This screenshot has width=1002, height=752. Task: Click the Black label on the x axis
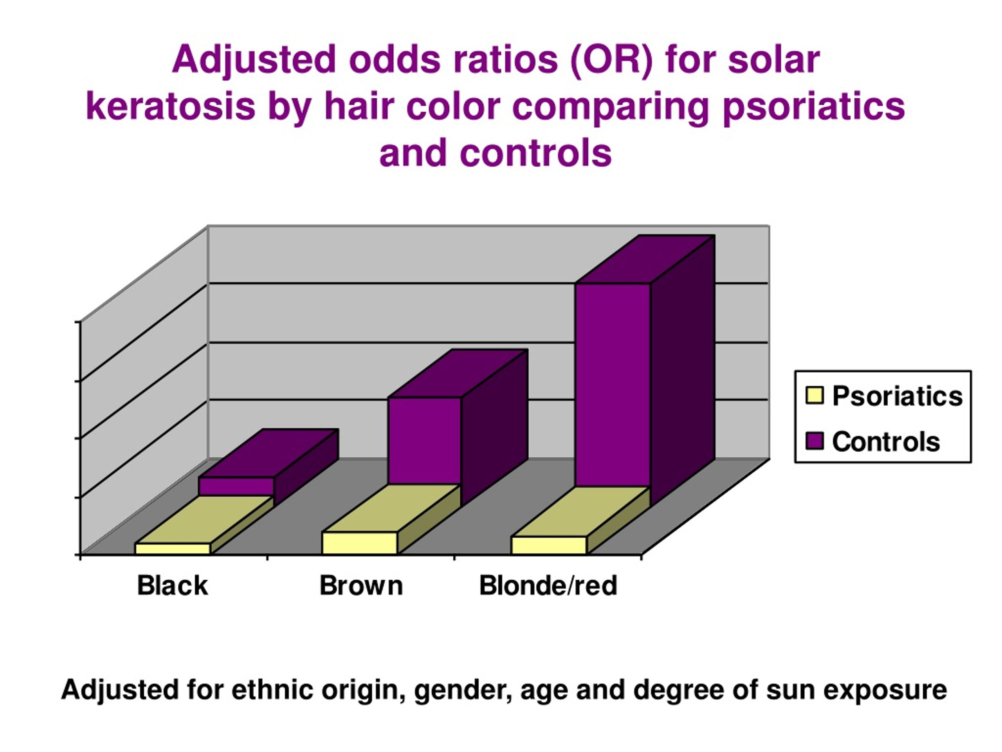pos(173,586)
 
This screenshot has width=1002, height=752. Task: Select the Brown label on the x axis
pos(361,586)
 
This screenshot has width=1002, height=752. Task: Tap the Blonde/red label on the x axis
pos(548,586)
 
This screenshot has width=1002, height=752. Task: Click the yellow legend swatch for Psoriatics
pos(814,395)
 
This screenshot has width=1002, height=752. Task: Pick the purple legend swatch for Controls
pos(814,441)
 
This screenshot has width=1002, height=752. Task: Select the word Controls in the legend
pos(886,441)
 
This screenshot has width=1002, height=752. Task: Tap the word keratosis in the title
pos(170,107)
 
